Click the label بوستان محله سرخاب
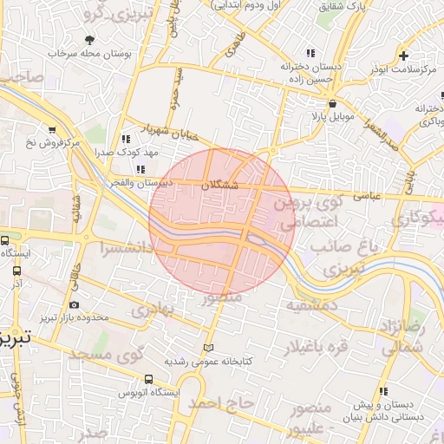(x=90, y=54)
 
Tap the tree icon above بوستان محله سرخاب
(x=90, y=40)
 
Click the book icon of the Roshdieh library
(x=206, y=349)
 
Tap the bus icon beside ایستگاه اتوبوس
(x=149, y=380)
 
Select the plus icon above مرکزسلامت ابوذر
(x=404, y=55)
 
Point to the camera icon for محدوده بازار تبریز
(x=73, y=304)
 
